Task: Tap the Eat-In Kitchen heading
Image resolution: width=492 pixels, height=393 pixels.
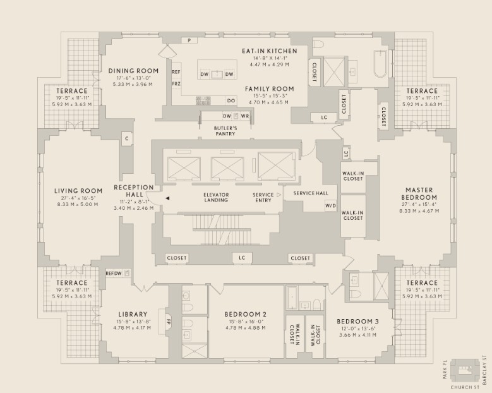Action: coord(265,51)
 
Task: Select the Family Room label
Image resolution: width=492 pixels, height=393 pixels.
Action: coord(266,89)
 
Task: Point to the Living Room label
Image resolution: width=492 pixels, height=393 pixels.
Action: coord(78,191)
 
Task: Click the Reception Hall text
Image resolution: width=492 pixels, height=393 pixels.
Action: coord(133,191)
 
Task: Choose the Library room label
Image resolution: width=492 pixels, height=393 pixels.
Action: coord(133,314)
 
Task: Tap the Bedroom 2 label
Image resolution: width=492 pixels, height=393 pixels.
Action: coord(246,314)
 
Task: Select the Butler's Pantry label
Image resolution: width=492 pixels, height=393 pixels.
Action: coord(225,131)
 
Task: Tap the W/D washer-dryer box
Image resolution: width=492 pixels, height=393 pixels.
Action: coord(330,206)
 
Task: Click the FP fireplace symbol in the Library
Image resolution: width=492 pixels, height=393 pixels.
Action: coord(169,319)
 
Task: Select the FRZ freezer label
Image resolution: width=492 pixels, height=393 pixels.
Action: coord(176,83)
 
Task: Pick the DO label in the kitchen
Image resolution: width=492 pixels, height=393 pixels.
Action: coord(231,100)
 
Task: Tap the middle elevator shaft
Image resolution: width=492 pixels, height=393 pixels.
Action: coord(227,167)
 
